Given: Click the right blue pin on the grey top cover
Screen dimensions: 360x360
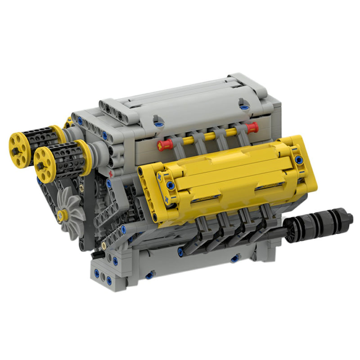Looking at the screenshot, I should (x=244, y=107).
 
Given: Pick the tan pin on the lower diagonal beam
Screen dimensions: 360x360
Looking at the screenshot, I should (x=104, y=246).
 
